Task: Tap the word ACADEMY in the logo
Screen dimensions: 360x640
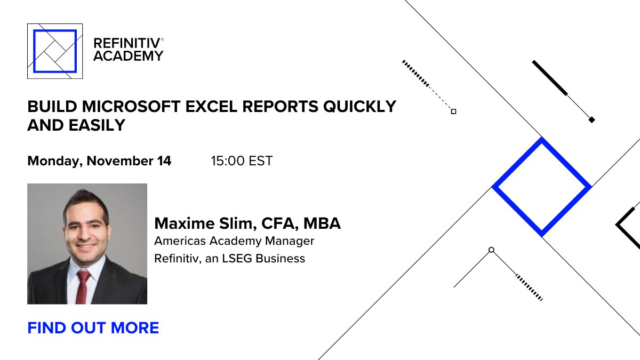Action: (x=128, y=55)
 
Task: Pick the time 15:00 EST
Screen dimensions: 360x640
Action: (x=242, y=161)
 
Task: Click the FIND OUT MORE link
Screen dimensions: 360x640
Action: (x=93, y=327)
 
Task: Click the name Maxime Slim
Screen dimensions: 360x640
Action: (x=202, y=223)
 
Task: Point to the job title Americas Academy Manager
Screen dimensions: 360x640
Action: (x=234, y=241)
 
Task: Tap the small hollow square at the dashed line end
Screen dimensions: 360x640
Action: (x=453, y=111)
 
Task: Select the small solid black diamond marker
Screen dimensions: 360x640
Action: (x=591, y=120)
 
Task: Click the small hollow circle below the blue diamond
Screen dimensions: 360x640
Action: (x=491, y=250)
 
